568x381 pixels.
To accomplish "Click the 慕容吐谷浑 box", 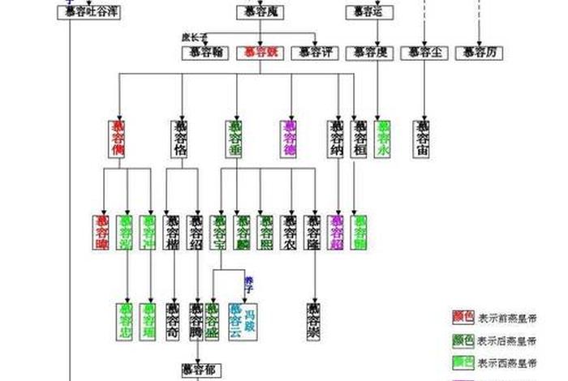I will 88,12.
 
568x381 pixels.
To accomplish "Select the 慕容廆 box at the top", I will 259,12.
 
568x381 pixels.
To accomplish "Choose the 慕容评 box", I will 315,53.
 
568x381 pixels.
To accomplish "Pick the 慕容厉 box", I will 480,53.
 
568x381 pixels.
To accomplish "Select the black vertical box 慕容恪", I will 180,139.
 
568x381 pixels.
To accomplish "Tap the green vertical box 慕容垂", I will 235,139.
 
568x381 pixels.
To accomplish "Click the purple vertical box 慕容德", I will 290,139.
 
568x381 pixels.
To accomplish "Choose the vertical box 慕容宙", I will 422,139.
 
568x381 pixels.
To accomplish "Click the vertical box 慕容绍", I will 197,232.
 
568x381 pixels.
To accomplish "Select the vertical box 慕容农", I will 290,232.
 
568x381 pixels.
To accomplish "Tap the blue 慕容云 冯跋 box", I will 243,319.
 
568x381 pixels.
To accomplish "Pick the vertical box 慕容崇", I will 314,319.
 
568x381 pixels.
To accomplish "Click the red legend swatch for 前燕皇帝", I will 463,318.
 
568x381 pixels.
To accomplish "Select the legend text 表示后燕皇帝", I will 506,340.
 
